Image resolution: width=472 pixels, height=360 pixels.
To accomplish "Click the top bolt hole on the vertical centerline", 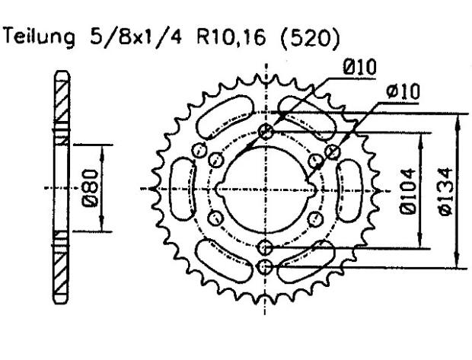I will [x=265, y=131].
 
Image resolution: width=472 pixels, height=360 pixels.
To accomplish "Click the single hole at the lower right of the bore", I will [x=314, y=218].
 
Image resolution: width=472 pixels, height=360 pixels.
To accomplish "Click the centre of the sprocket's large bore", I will [x=265, y=188].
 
